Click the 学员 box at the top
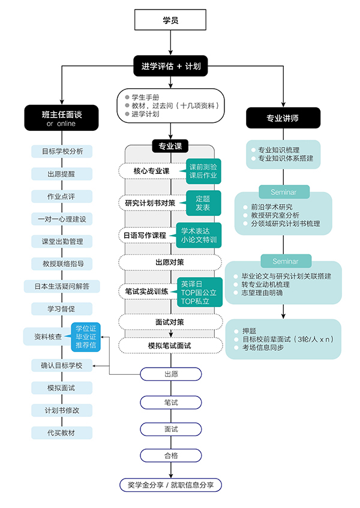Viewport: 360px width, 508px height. click(170, 21)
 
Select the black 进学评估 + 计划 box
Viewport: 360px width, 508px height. click(170, 67)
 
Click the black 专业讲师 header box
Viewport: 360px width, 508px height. click(282, 118)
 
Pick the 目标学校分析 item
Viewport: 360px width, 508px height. click(62, 151)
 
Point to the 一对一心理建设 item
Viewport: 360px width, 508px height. click(62, 219)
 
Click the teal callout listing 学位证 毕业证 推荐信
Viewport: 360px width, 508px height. click(85, 337)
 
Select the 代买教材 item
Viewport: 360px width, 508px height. click(62, 432)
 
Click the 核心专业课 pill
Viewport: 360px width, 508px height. click(149, 172)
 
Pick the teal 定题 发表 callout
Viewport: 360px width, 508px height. click(203, 203)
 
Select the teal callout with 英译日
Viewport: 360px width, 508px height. click(197, 292)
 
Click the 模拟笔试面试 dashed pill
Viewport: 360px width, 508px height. click(170, 346)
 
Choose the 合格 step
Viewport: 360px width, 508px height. click(170, 455)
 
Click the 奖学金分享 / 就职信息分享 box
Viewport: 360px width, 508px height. click(170, 485)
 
